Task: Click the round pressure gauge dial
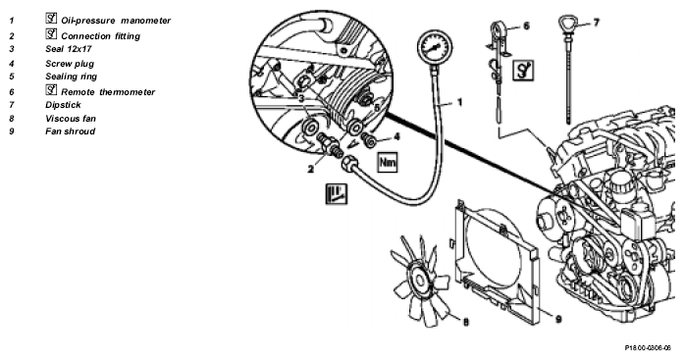point(434,47)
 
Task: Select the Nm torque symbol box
point(388,162)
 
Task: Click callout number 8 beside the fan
point(465,322)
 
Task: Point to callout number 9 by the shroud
point(558,320)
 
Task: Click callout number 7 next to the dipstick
point(596,22)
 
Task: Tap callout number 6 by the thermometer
point(527,26)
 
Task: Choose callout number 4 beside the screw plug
point(396,137)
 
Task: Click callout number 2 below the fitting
point(310,169)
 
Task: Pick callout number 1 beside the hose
point(459,102)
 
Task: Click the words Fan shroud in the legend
point(71,131)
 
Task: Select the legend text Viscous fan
point(71,119)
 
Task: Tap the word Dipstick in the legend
point(63,105)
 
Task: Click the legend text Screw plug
point(70,64)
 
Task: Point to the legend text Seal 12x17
point(69,49)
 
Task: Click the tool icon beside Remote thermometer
point(51,90)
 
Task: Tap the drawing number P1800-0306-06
point(648,348)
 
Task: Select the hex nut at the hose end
point(350,164)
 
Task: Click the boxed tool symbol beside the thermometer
point(523,70)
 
